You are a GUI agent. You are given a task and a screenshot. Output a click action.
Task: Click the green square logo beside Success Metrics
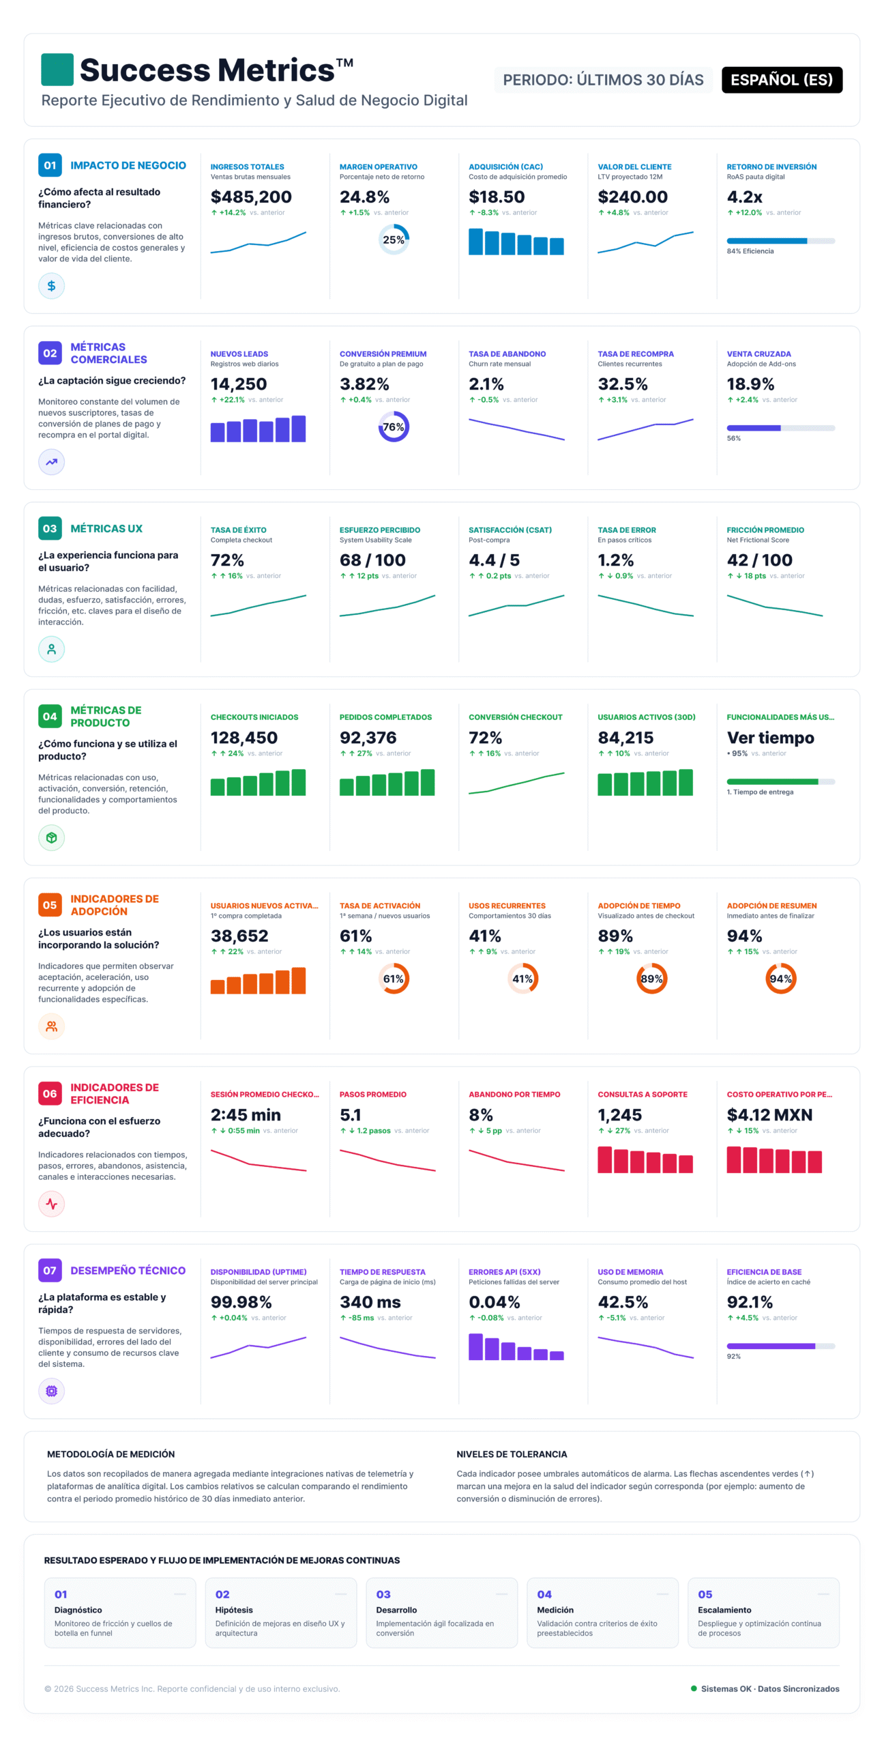(57, 70)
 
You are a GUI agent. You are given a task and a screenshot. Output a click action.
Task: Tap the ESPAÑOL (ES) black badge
(782, 80)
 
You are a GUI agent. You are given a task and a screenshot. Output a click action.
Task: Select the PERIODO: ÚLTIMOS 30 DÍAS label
(603, 80)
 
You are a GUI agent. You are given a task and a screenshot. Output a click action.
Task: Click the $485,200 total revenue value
(251, 197)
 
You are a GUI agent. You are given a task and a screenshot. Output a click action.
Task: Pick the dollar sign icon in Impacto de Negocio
(52, 286)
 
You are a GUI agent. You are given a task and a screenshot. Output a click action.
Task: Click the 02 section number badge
(50, 353)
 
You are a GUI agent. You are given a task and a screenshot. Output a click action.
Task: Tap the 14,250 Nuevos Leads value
(239, 384)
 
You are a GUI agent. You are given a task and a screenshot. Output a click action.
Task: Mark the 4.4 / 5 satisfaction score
(494, 560)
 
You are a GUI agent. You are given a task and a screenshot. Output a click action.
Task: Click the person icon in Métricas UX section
(52, 649)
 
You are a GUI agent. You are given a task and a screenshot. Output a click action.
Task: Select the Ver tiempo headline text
(770, 738)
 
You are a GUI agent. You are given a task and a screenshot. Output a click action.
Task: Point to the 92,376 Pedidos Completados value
(368, 738)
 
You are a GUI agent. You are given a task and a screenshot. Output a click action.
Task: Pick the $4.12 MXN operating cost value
(769, 1115)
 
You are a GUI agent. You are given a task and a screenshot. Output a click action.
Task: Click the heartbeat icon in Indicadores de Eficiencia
(52, 1204)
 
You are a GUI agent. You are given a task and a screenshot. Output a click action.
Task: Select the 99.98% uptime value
(241, 1302)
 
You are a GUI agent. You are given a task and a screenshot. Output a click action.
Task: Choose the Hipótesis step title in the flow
(234, 1610)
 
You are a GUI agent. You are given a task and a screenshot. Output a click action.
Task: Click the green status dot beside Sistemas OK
(694, 1688)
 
